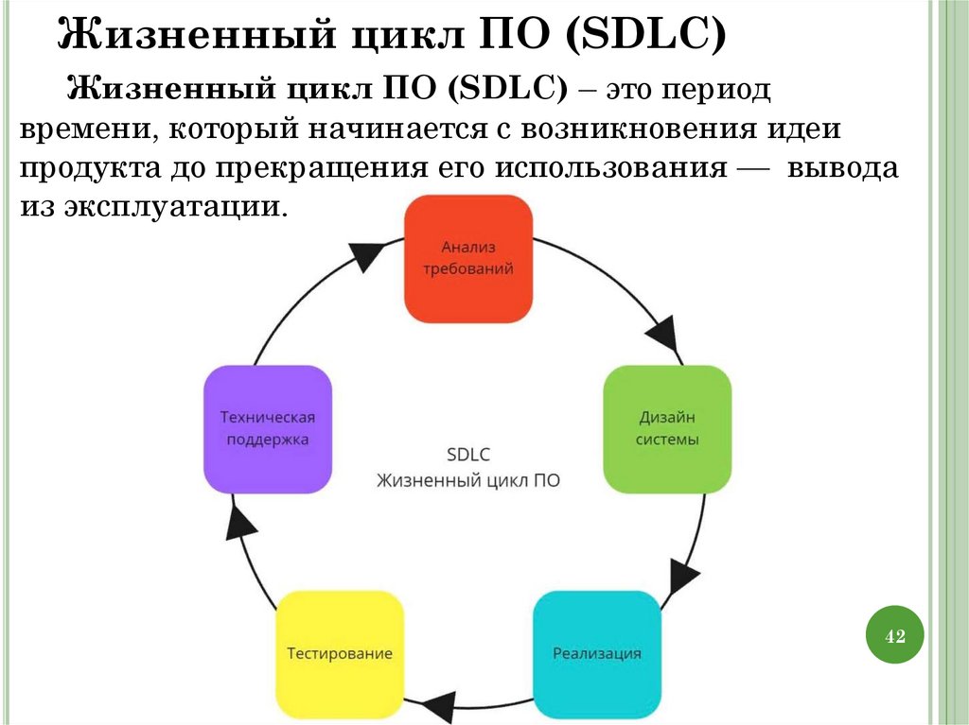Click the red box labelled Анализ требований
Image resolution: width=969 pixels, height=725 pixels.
[x=467, y=258]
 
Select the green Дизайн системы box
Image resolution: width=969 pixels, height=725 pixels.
[x=667, y=429]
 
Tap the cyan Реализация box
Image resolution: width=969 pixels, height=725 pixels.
[x=596, y=653]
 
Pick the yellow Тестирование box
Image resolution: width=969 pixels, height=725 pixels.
[x=339, y=653]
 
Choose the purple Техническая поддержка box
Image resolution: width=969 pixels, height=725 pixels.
[x=267, y=429]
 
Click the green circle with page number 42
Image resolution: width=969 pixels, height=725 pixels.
[x=894, y=636]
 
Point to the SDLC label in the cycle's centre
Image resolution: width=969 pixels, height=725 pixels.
[x=467, y=454]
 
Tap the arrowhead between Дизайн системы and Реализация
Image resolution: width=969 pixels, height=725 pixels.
[x=685, y=575]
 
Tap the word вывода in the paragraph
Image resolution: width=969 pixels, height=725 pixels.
[x=842, y=168]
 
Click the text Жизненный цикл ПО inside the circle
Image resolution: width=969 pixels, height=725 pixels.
[x=467, y=481]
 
